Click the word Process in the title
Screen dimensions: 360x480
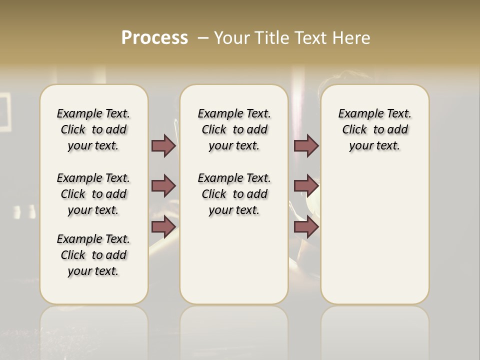[154, 38]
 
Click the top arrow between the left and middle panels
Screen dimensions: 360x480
[163, 145]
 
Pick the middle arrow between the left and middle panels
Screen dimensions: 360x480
[163, 186]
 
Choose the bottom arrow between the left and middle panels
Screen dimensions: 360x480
[163, 227]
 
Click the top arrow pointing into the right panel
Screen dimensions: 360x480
[306, 145]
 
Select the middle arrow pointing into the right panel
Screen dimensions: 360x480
[306, 186]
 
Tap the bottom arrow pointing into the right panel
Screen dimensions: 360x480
[306, 227]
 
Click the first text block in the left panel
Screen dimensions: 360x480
[93, 129]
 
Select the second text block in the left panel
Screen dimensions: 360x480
[93, 194]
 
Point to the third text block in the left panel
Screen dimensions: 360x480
[93, 255]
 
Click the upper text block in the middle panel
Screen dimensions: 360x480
[234, 129]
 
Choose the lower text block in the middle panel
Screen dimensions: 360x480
[234, 194]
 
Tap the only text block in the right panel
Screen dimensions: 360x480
[374, 129]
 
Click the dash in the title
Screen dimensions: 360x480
[203, 38]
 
